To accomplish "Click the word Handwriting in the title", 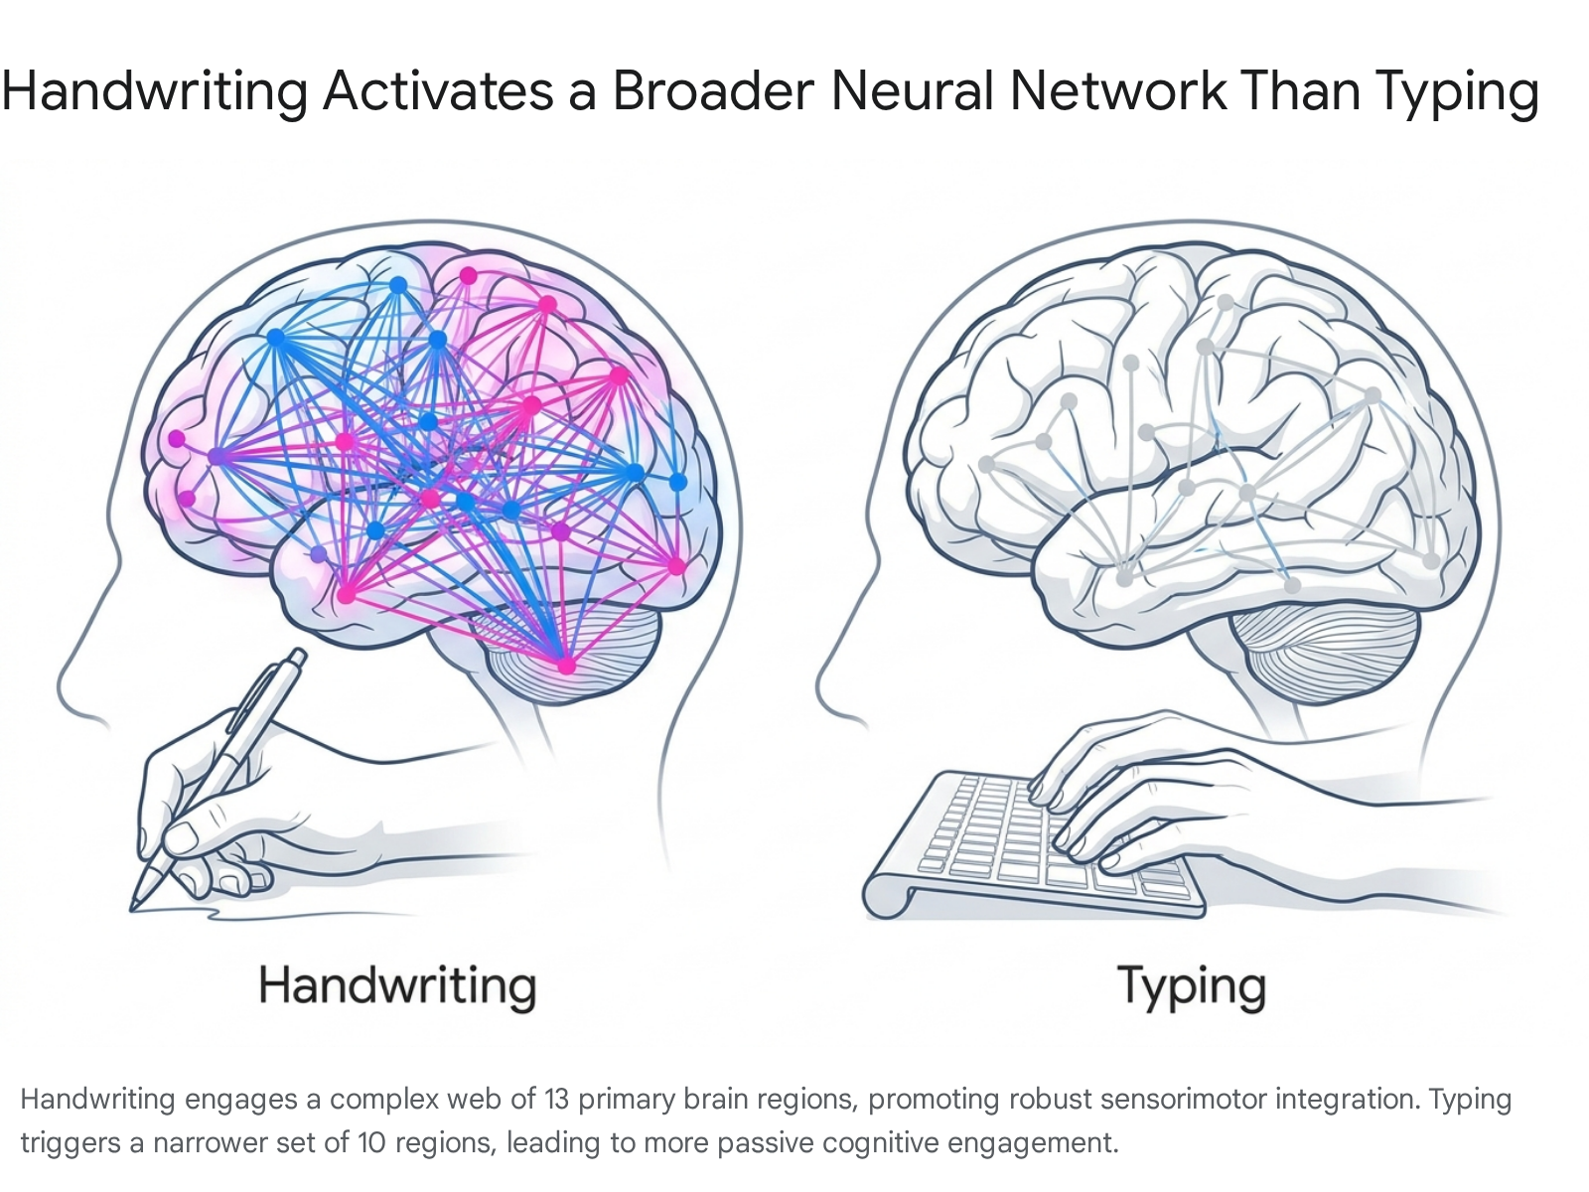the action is [155, 92].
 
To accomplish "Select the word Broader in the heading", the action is [714, 91].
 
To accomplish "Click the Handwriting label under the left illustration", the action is [397, 985].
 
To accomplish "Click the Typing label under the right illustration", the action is [1192, 986].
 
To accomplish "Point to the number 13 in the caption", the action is [557, 1100].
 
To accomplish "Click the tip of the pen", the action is [132, 909].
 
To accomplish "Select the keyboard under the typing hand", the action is [1034, 845].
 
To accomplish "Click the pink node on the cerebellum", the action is [566, 666].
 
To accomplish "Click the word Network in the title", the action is [1117, 91].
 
